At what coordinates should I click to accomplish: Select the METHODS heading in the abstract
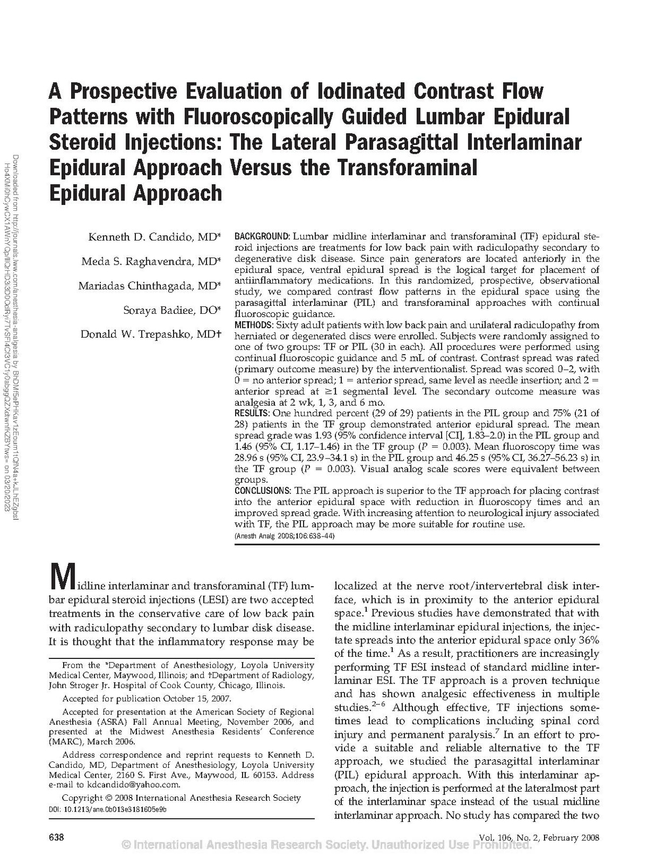click(x=253, y=325)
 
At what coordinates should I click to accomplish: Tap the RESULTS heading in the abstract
click(x=251, y=413)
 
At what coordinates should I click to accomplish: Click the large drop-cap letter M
click(x=61, y=579)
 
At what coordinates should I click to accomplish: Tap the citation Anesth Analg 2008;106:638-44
click(x=285, y=536)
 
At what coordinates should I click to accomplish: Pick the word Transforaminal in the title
click(x=408, y=168)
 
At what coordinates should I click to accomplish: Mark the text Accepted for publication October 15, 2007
click(x=147, y=698)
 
